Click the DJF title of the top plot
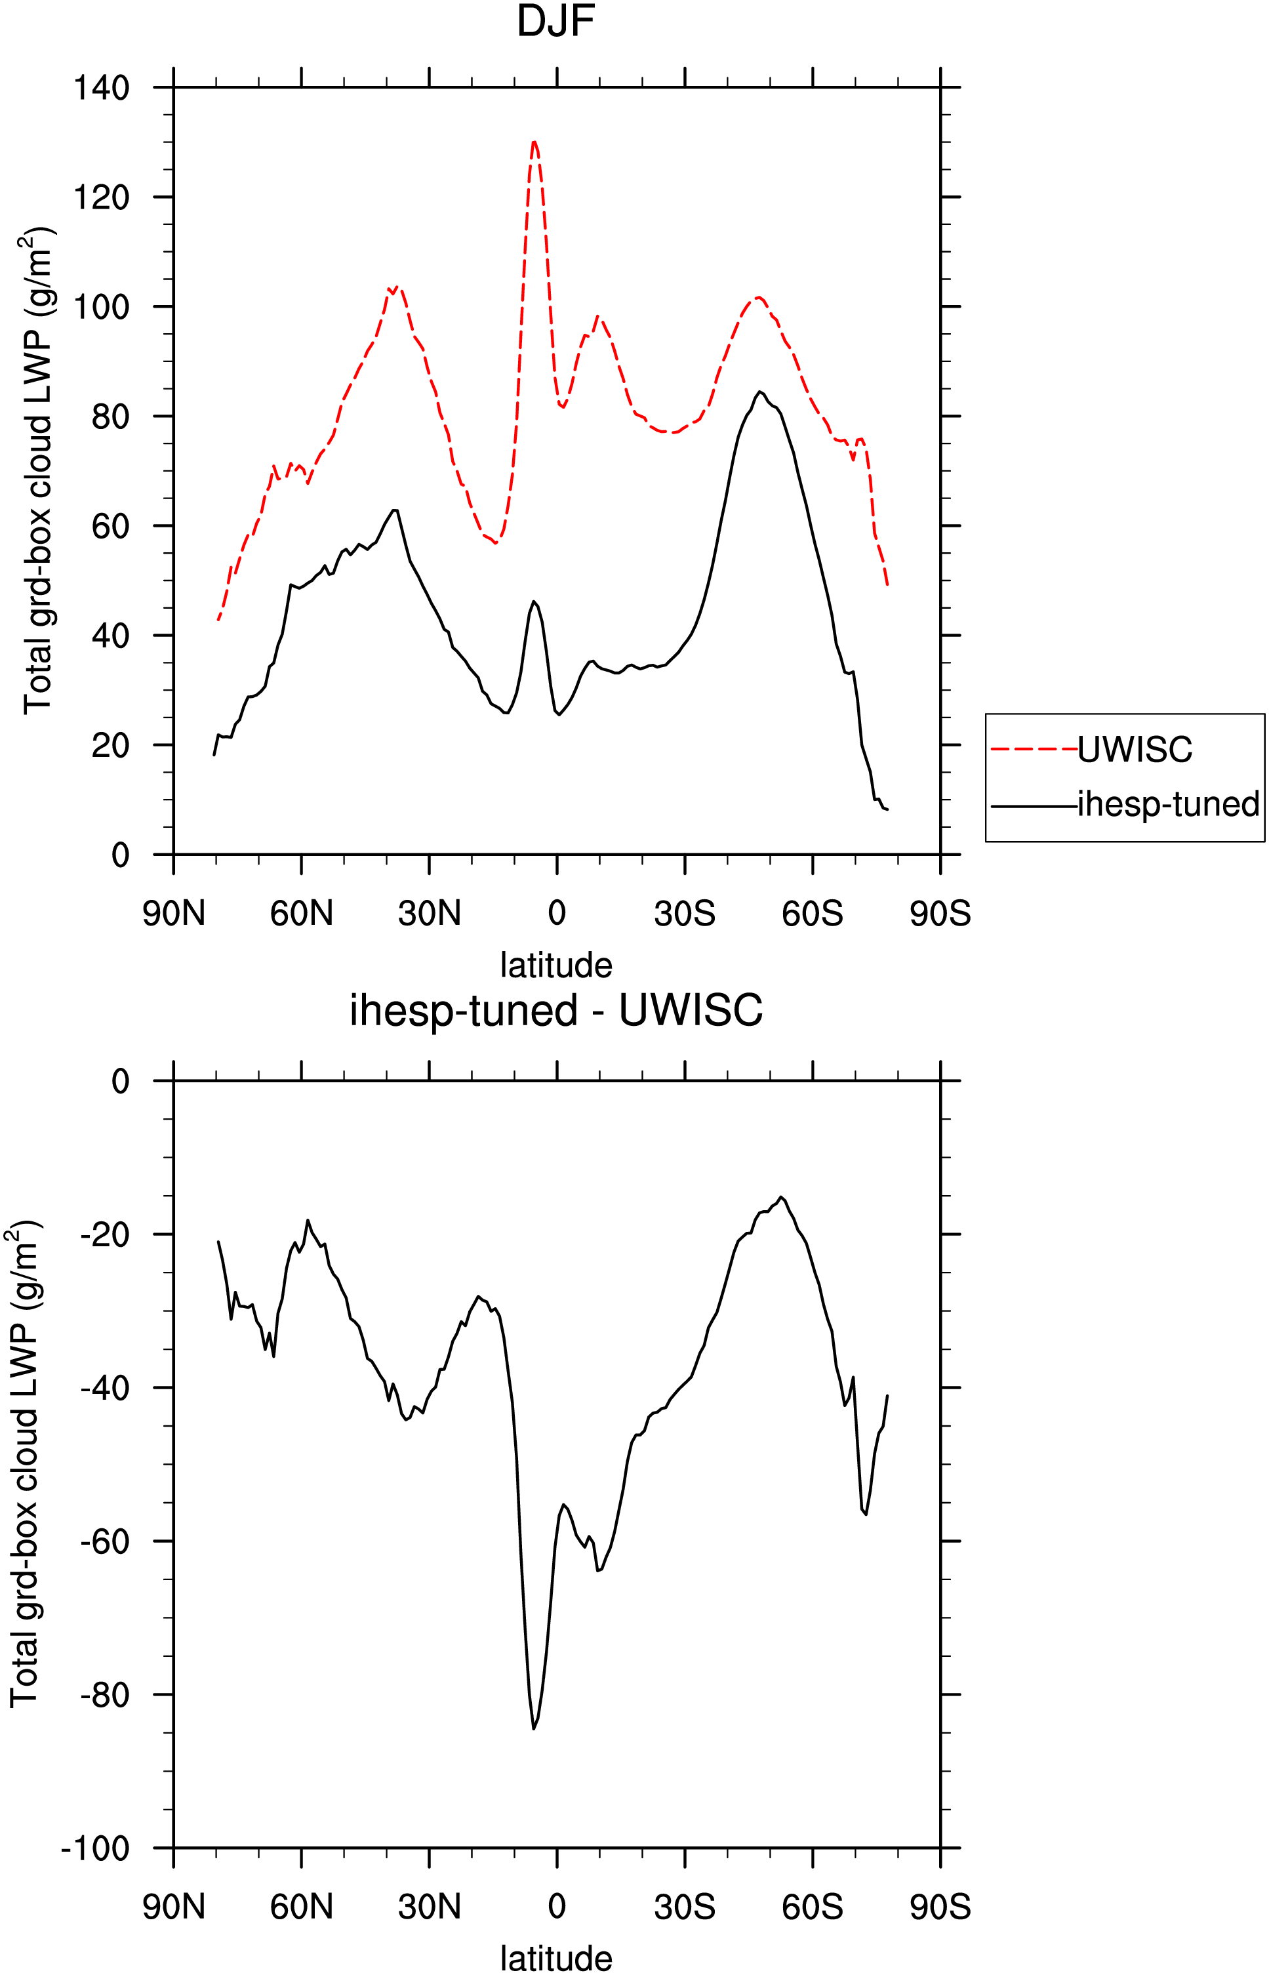[x=555, y=22]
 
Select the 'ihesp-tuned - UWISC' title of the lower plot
[x=556, y=1010]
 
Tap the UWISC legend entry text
[x=1135, y=749]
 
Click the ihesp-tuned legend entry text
[x=1169, y=804]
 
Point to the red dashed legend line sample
[x=1034, y=749]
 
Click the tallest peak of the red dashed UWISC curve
[x=534, y=141]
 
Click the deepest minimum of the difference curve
[x=534, y=1728]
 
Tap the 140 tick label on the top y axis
[x=102, y=87]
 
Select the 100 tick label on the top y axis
[x=102, y=306]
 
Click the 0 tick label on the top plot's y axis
[x=120, y=855]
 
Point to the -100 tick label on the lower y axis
[x=96, y=1849]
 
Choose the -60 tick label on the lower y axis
[x=105, y=1541]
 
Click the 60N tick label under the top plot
[x=302, y=914]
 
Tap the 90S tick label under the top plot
[x=940, y=914]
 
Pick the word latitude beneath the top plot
[x=556, y=965]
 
